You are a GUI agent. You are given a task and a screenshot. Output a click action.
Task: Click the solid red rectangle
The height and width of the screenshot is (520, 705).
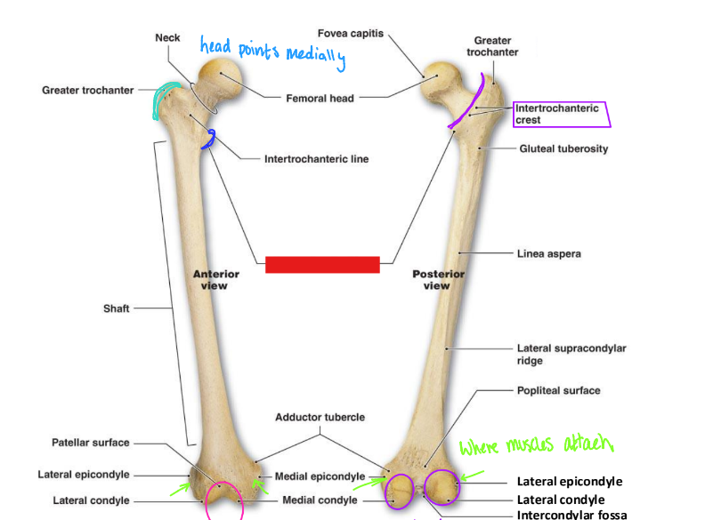point(323,264)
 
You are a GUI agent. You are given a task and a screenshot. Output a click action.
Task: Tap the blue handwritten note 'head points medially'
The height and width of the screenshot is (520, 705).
point(271,54)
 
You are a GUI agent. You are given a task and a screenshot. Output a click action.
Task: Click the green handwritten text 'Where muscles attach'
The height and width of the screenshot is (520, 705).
point(537,444)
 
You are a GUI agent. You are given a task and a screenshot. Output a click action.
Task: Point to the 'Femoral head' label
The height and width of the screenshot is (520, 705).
point(319,98)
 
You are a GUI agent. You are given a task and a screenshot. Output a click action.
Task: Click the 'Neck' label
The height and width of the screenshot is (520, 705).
point(167,38)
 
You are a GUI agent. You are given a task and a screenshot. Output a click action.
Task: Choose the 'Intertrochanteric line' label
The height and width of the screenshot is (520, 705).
point(316,160)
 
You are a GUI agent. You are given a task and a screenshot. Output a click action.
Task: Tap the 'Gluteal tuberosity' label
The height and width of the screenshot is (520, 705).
point(563,148)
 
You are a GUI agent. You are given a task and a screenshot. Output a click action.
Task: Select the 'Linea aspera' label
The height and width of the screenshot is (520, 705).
point(548,254)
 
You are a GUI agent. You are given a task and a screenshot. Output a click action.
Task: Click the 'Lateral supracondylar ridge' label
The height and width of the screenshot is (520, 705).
point(571,355)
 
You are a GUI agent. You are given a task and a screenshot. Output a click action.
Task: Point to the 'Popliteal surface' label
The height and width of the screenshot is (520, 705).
point(558,390)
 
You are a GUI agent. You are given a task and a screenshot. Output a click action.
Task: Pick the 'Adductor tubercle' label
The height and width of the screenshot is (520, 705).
point(320,417)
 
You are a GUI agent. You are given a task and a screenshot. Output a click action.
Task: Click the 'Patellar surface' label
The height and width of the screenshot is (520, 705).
point(90,443)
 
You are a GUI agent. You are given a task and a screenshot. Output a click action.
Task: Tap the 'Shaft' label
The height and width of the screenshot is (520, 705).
point(117,308)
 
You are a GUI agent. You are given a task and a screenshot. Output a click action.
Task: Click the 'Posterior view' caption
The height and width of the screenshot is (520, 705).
point(437,280)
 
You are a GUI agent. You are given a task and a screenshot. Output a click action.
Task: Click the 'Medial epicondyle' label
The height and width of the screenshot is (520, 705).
point(320,476)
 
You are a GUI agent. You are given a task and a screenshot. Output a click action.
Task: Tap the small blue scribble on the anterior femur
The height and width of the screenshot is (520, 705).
point(211,139)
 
